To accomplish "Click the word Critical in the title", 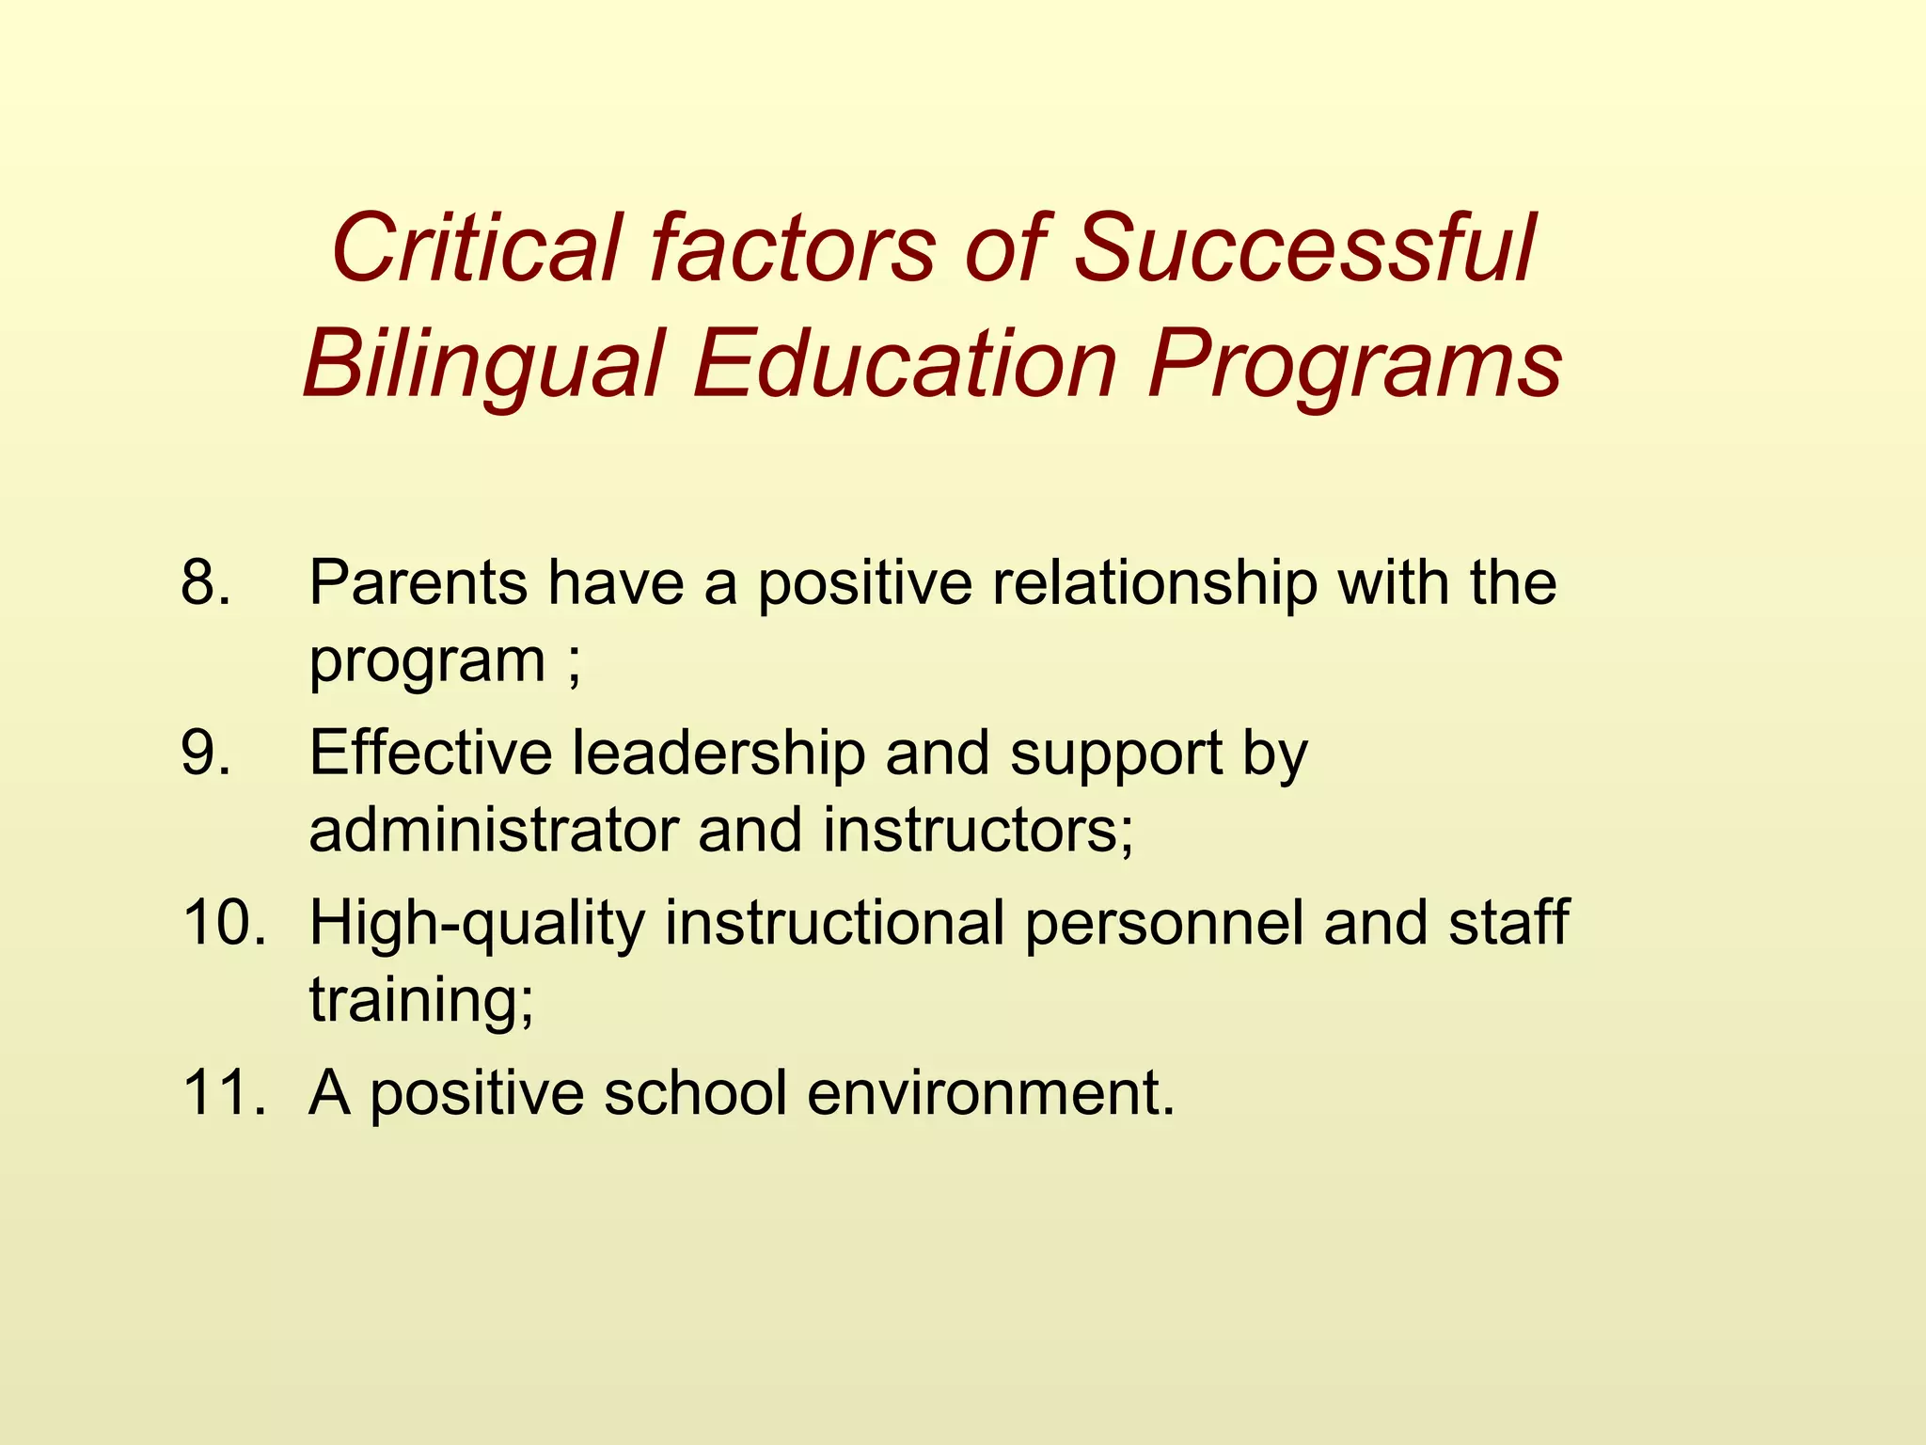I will pos(475,248).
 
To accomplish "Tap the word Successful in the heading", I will pos(1303,248).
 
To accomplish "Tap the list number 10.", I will pos(224,923).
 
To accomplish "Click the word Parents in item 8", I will pos(418,583).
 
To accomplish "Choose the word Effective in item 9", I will pos(431,754).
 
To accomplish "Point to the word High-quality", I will pos(477,925).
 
